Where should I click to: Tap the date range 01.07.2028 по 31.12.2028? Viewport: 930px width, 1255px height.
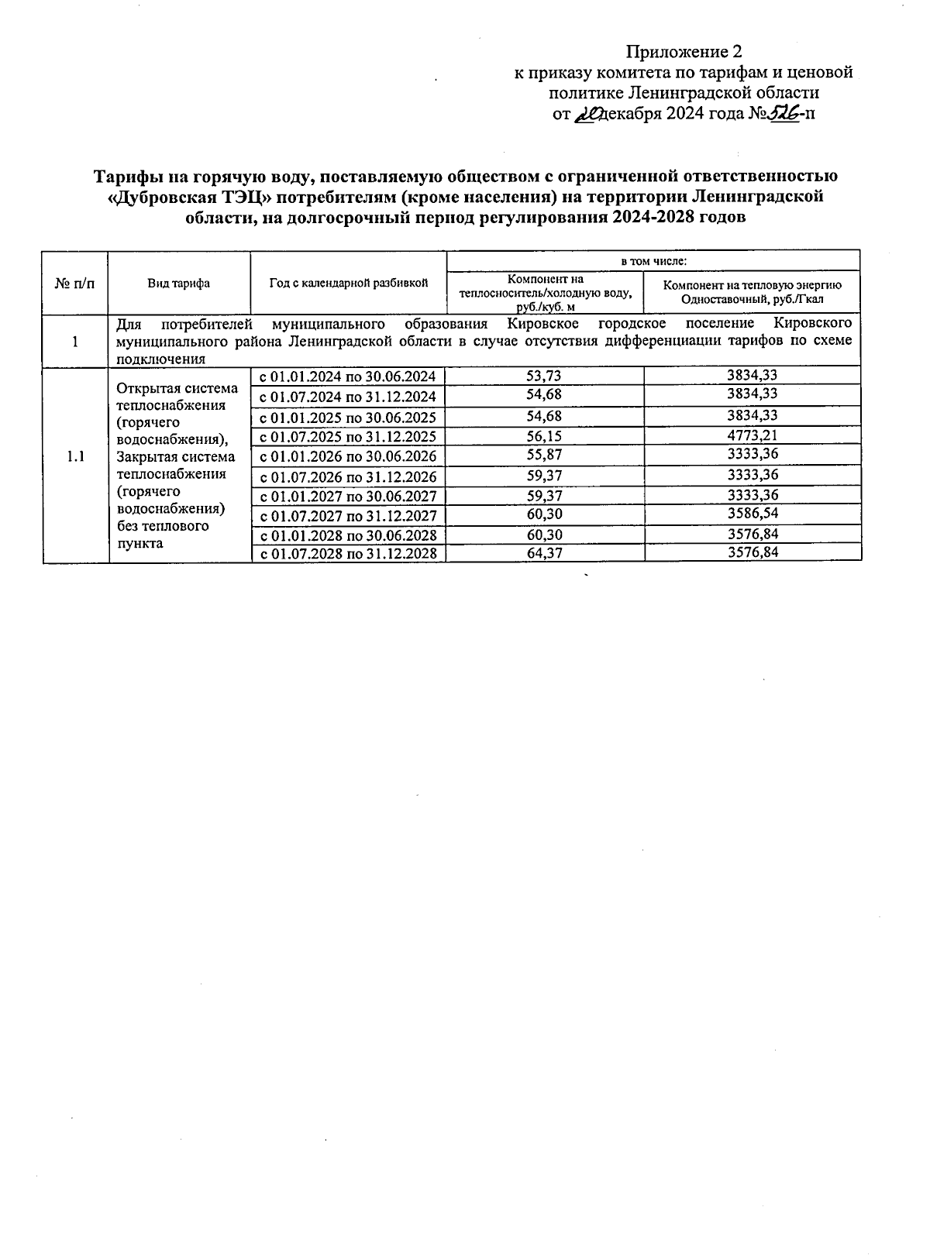tap(348, 554)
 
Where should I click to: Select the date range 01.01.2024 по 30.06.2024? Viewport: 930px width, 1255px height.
tap(348, 377)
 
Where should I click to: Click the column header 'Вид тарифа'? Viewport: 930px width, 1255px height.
tap(179, 284)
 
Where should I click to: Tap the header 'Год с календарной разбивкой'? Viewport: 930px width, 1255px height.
tap(349, 284)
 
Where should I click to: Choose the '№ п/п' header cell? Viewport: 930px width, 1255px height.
tap(75, 284)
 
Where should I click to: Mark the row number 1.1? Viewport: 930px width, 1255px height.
tap(75, 456)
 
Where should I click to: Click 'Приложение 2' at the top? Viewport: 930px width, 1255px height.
tap(684, 52)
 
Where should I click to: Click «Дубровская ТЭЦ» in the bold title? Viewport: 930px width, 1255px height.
tap(176, 197)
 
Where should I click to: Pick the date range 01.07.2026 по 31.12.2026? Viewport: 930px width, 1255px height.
tap(348, 477)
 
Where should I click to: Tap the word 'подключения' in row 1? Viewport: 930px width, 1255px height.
tap(160, 359)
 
